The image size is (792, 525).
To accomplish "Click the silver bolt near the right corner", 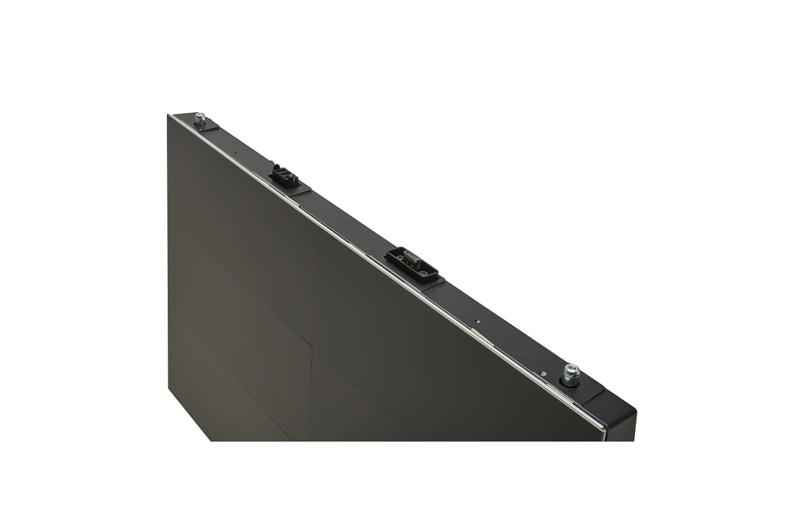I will (572, 373).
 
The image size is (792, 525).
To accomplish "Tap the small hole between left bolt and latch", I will (236, 152).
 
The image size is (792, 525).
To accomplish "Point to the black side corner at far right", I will (623, 424).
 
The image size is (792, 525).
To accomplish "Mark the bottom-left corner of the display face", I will (168, 392).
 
